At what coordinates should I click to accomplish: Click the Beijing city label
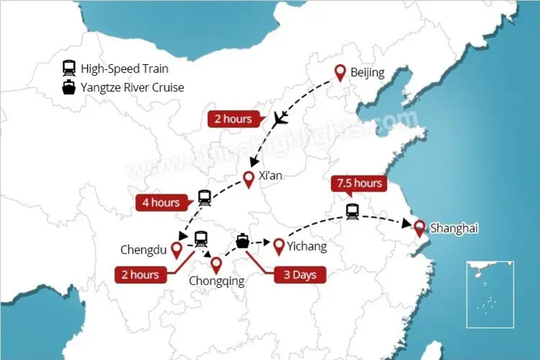click(x=367, y=73)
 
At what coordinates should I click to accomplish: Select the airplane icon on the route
click(x=280, y=120)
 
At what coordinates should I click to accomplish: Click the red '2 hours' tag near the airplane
click(x=230, y=119)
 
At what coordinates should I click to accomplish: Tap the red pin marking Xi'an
click(x=248, y=179)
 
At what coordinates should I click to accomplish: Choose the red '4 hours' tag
click(x=160, y=203)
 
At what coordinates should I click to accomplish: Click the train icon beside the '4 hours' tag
click(x=204, y=197)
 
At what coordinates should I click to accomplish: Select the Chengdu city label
click(x=144, y=251)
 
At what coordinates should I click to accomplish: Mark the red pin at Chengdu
click(x=176, y=250)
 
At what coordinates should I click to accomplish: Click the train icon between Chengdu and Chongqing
click(x=201, y=238)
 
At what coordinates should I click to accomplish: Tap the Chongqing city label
click(x=216, y=282)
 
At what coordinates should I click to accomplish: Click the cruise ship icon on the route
click(x=243, y=241)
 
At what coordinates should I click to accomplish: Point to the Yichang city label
click(x=307, y=247)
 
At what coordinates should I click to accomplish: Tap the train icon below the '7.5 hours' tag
click(x=352, y=211)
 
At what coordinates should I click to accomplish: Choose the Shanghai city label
click(x=454, y=229)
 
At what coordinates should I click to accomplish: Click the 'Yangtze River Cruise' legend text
click(x=132, y=88)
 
